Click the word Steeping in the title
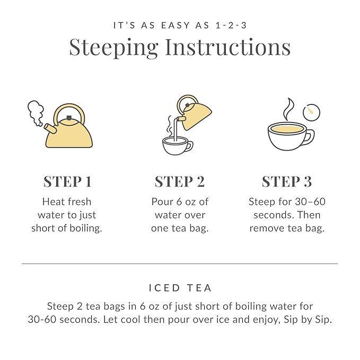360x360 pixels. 113,48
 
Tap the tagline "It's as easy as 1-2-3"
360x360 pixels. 180,25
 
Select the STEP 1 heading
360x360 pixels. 67,181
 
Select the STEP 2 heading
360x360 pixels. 179,181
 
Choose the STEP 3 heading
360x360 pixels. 286,181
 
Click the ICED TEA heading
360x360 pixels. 180,288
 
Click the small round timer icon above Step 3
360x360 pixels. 311,112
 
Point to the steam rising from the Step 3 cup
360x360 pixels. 288,109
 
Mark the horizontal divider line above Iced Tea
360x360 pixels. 180,264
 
